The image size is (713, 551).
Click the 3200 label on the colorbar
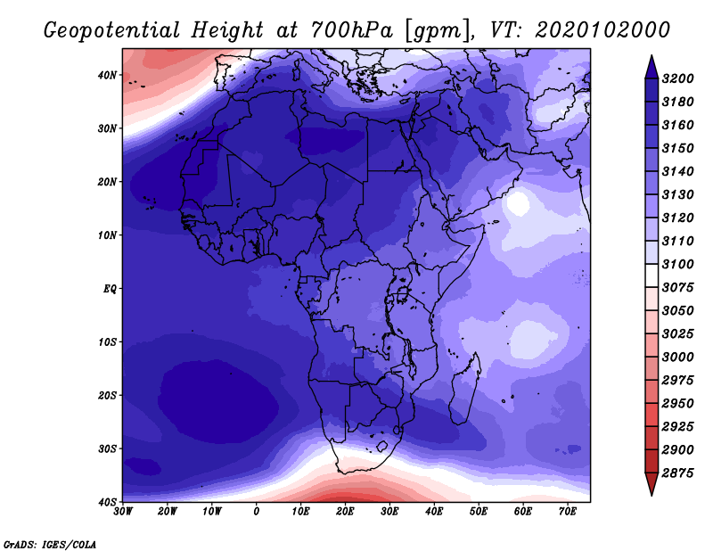click(x=677, y=78)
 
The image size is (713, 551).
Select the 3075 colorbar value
click(x=677, y=288)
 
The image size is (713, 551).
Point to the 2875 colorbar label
click(x=677, y=473)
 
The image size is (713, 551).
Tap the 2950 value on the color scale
click(x=677, y=404)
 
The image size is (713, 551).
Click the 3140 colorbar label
click(x=677, y=171)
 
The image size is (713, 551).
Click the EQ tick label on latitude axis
click(x=110, y=289)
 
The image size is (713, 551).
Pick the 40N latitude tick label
click(x=107, y=75)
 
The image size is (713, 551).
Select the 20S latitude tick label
click(x=107, y=395)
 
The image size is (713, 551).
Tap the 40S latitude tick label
click(x=107, y=502)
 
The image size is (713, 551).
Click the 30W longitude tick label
click(x=123, y=512)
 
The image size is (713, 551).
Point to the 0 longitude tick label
click(x=257, y=512)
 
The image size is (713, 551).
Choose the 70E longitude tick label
click(x=567, y=512)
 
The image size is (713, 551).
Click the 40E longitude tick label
click(x=434, y=512)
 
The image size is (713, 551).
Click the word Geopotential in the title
click(x=112, y=31)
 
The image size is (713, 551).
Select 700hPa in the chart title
click(x=351, y=30)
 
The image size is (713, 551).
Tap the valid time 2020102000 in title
click(x=602, y=30)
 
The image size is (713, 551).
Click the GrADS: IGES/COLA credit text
click(x=50, y=544)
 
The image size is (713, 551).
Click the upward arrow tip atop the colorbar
click(x=652, y=56)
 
